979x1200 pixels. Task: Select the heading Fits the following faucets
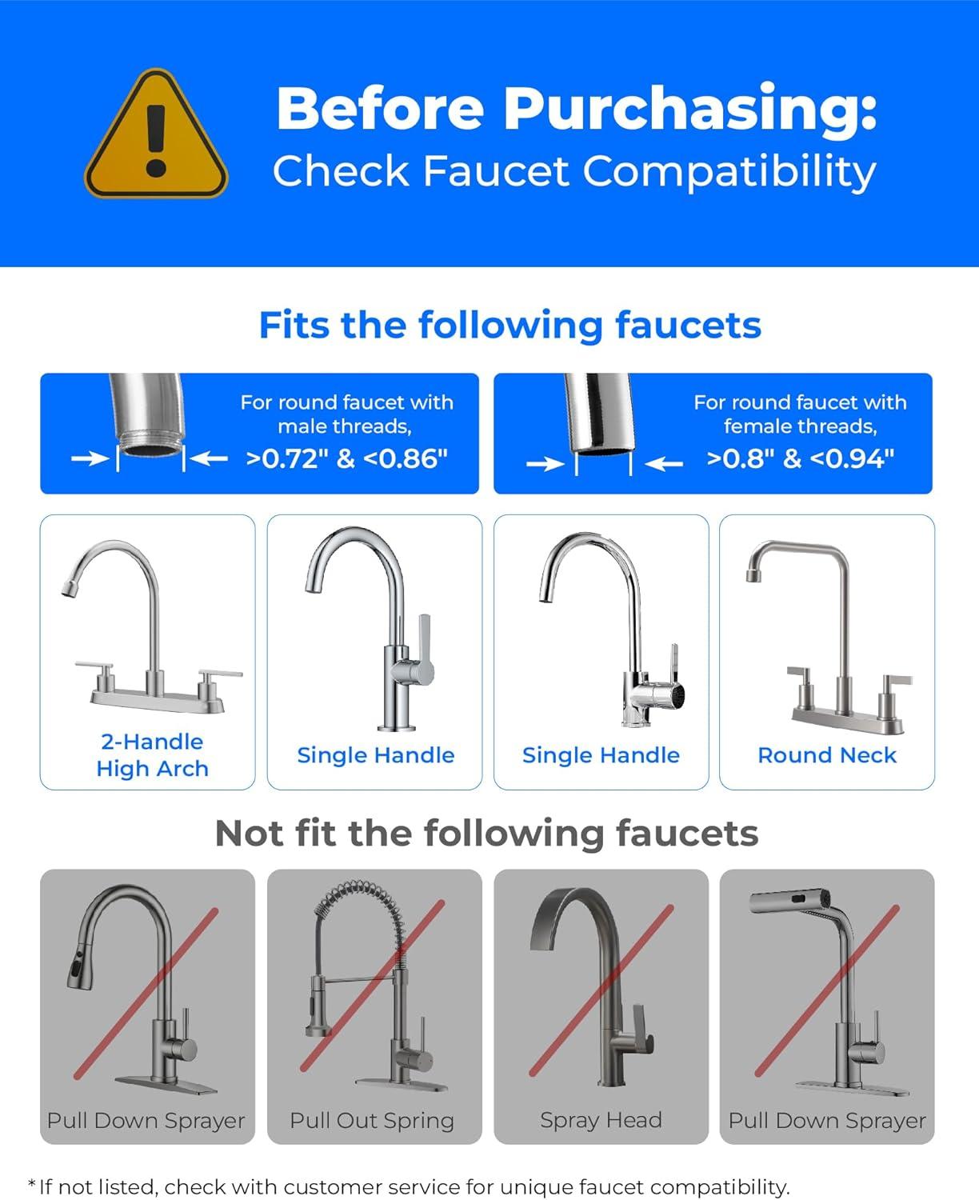coord(509,325)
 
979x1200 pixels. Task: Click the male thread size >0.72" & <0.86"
coord(346,458)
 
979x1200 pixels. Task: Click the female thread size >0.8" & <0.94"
coord(800,458)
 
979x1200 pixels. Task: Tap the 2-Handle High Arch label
coord(152,754)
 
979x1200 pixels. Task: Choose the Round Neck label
coord(827,754)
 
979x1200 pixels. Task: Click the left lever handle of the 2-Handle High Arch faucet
coord(94,666)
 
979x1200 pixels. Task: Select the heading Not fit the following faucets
coord(486,833)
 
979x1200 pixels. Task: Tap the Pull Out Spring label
coord(372,1120)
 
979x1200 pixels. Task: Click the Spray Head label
coord(601,1120)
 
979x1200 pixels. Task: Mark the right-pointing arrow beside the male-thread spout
coord(90,458)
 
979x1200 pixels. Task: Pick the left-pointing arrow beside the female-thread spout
coord(664,463)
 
